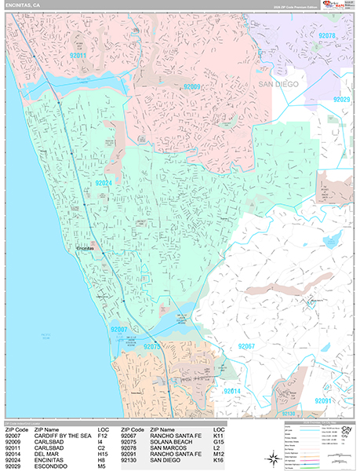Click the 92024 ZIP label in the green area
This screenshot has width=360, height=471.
tap(107, 183)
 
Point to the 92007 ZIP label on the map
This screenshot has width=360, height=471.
tap(120, 330)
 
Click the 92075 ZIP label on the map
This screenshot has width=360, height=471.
tap(153, 346)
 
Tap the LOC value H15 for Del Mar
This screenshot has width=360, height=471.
tap(104, 454)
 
